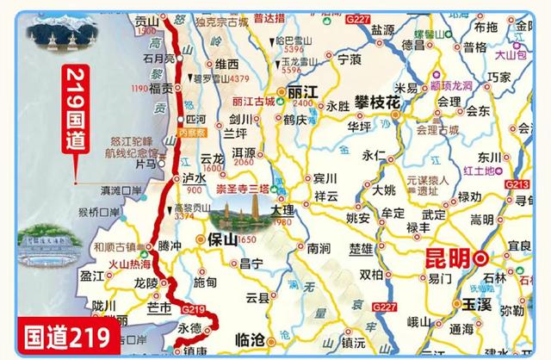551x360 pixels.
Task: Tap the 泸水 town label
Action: (x=194, y=178)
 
